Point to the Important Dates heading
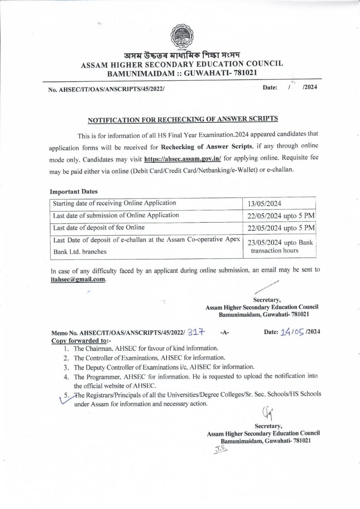(74, 191)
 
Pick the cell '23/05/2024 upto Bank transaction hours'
(280, 247)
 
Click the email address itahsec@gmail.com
(78, 279)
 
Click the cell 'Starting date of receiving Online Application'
(114, 203)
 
